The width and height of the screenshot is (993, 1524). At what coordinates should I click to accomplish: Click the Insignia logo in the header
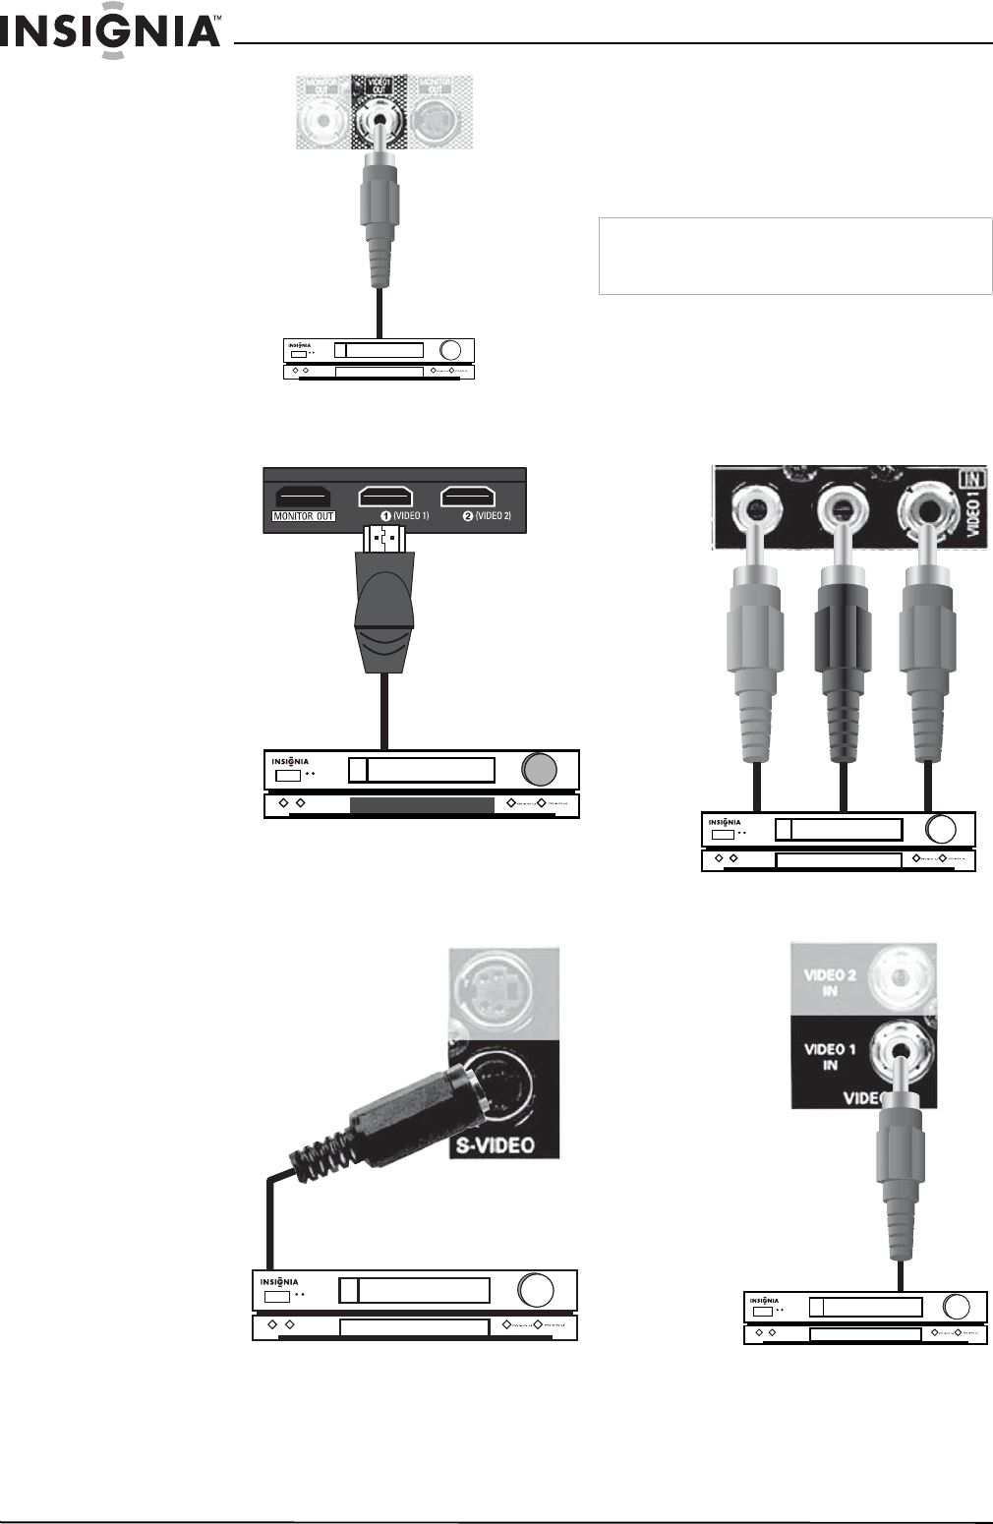point(110,31)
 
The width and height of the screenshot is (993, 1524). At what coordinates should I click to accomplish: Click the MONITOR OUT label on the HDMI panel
point(304,516)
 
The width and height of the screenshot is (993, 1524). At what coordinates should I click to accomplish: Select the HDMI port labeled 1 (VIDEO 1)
point(385,497)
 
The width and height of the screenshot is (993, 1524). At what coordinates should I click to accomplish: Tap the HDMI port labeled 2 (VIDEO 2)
point(467,497)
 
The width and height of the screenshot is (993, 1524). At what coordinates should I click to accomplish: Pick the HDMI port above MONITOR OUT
point(304,497)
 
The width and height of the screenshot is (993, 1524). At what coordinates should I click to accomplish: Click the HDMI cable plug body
point(384,610)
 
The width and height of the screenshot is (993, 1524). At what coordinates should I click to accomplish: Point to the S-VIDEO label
point(495,1144)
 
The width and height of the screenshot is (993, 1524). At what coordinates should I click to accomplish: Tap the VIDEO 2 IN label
point(830,983)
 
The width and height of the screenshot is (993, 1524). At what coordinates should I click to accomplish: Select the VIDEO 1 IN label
point(830,1057)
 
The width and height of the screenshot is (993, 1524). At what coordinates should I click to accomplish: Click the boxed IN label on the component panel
point(971,480)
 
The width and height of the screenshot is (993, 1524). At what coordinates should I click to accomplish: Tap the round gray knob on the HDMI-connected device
point(539,770)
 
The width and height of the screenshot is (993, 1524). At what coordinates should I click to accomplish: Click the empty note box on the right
point(795,256)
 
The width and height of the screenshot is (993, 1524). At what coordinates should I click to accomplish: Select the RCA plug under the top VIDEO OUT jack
point(379,206)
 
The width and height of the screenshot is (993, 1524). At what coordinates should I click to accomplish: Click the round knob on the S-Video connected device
point(535,1290)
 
